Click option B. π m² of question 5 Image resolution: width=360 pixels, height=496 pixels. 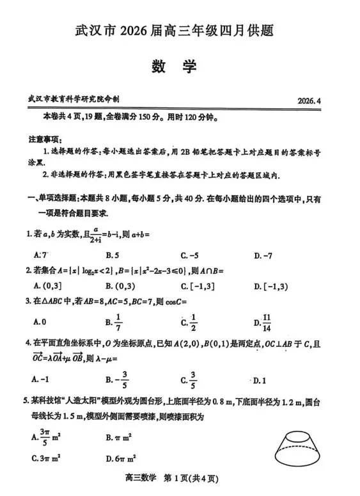[x=120, y=438]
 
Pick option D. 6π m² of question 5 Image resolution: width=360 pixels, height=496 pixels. [x=121, y=458]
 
